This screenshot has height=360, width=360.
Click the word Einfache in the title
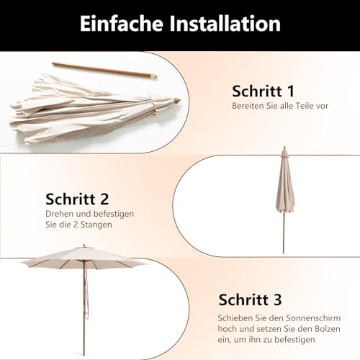tap(122, 23)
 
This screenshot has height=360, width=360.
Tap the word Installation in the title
tap(225, 23)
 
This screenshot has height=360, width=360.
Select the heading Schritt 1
tap(263, 91)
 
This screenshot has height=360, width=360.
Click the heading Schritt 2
tap(77, 199)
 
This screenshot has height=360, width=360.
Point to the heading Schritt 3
tap(250, 300)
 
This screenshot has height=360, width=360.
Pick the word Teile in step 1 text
tap(302, 106)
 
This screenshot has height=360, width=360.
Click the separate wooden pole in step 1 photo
tap(104, 71)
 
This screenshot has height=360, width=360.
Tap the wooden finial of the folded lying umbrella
tap(177, 100)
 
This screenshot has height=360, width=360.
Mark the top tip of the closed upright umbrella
tap(284, 146)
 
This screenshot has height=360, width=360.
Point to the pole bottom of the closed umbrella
tap(284, 253)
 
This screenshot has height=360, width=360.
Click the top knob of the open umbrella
tap(84, 245)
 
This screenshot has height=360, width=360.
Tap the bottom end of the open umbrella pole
tap(84, 355)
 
